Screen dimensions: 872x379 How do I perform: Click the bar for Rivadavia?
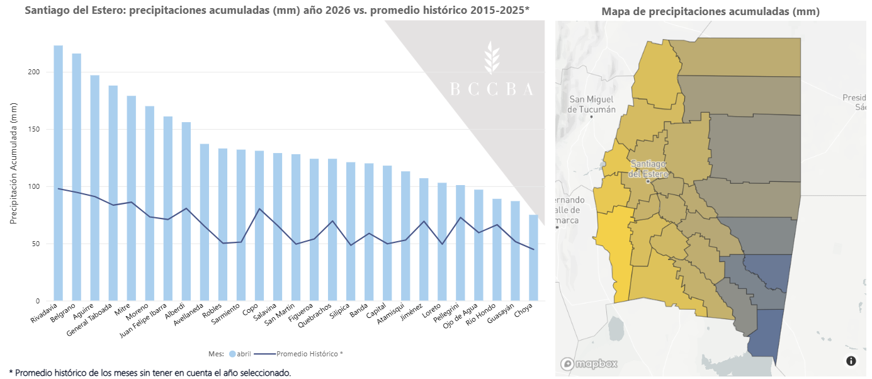(58, 173)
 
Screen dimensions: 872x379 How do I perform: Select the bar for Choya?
(533, 257)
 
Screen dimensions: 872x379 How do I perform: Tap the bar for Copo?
(259, 225)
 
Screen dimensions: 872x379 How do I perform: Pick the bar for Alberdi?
(186, 212)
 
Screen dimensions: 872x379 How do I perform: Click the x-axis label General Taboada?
(89, 320)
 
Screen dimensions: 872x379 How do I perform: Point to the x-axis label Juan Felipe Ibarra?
(144, 320)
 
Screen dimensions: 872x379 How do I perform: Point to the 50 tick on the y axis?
(36, 244)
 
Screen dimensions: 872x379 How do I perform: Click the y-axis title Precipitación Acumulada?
(14, 164)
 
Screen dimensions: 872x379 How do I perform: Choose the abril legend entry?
(240, 354)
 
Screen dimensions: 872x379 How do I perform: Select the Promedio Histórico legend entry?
(298, 354)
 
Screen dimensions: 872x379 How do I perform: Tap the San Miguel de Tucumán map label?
(591, 105)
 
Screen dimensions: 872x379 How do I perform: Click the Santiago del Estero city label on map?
(648, 169)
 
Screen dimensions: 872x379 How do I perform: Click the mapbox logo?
(589, 364)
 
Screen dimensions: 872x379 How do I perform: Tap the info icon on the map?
(851, 361)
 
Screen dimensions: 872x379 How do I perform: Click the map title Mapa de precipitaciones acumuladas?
(711, 11)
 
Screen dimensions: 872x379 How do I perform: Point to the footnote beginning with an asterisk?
(150, 373)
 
